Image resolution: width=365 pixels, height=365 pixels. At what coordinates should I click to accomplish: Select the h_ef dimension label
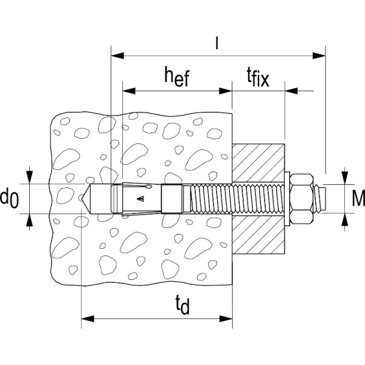coord(176,77)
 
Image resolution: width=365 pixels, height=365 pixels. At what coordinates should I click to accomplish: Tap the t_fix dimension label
coord(257,78)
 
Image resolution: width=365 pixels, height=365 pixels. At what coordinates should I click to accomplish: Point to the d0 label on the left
coord(10,198)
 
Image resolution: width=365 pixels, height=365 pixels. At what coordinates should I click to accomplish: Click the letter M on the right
coord(358,198)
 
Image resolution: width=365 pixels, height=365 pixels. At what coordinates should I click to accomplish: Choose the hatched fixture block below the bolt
coord(258,234)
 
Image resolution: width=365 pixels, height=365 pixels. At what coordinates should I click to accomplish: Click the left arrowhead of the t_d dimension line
coord(86,318)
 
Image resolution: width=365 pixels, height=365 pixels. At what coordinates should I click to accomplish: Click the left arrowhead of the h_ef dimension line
coord(127,92)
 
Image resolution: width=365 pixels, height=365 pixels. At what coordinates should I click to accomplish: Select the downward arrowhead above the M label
coord(345,178)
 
